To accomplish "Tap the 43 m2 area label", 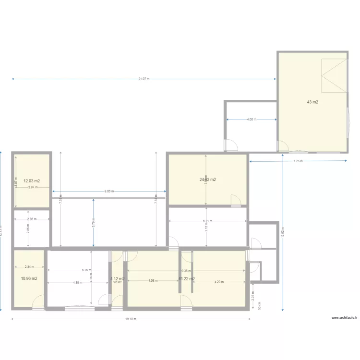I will click(x=313, y=102).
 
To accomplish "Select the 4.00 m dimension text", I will click(x=251, y=120).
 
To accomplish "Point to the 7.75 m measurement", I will click(x=298, y=161).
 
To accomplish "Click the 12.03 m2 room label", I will click(x=32, y=181).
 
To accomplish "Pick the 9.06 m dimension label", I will click(x=109, y=191).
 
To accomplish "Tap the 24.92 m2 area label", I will click(x=207, y=180).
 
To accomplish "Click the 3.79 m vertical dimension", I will click(x=94, y=222).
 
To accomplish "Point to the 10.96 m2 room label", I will click(x=29, y=278).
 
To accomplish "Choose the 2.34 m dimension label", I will click(x=29, y=267).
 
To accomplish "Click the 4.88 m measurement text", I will click(x=77, y=282).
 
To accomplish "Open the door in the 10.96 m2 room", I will click(x=37, y=302).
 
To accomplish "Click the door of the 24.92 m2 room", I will click(x=236, y=201).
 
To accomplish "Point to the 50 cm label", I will click(x=259, y=305).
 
